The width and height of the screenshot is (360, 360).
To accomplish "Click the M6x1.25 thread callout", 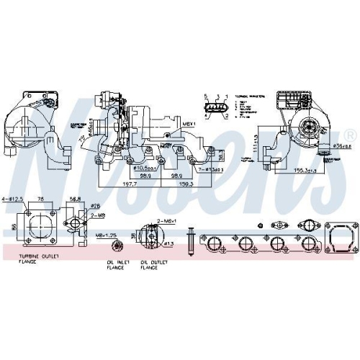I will [107, 234].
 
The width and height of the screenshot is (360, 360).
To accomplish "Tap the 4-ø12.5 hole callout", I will [15, 199].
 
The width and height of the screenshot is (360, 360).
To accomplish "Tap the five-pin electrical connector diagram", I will [216, 108].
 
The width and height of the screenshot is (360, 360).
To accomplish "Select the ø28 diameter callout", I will [95, 207].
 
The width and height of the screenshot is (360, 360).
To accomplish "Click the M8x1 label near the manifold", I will [189, 125].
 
